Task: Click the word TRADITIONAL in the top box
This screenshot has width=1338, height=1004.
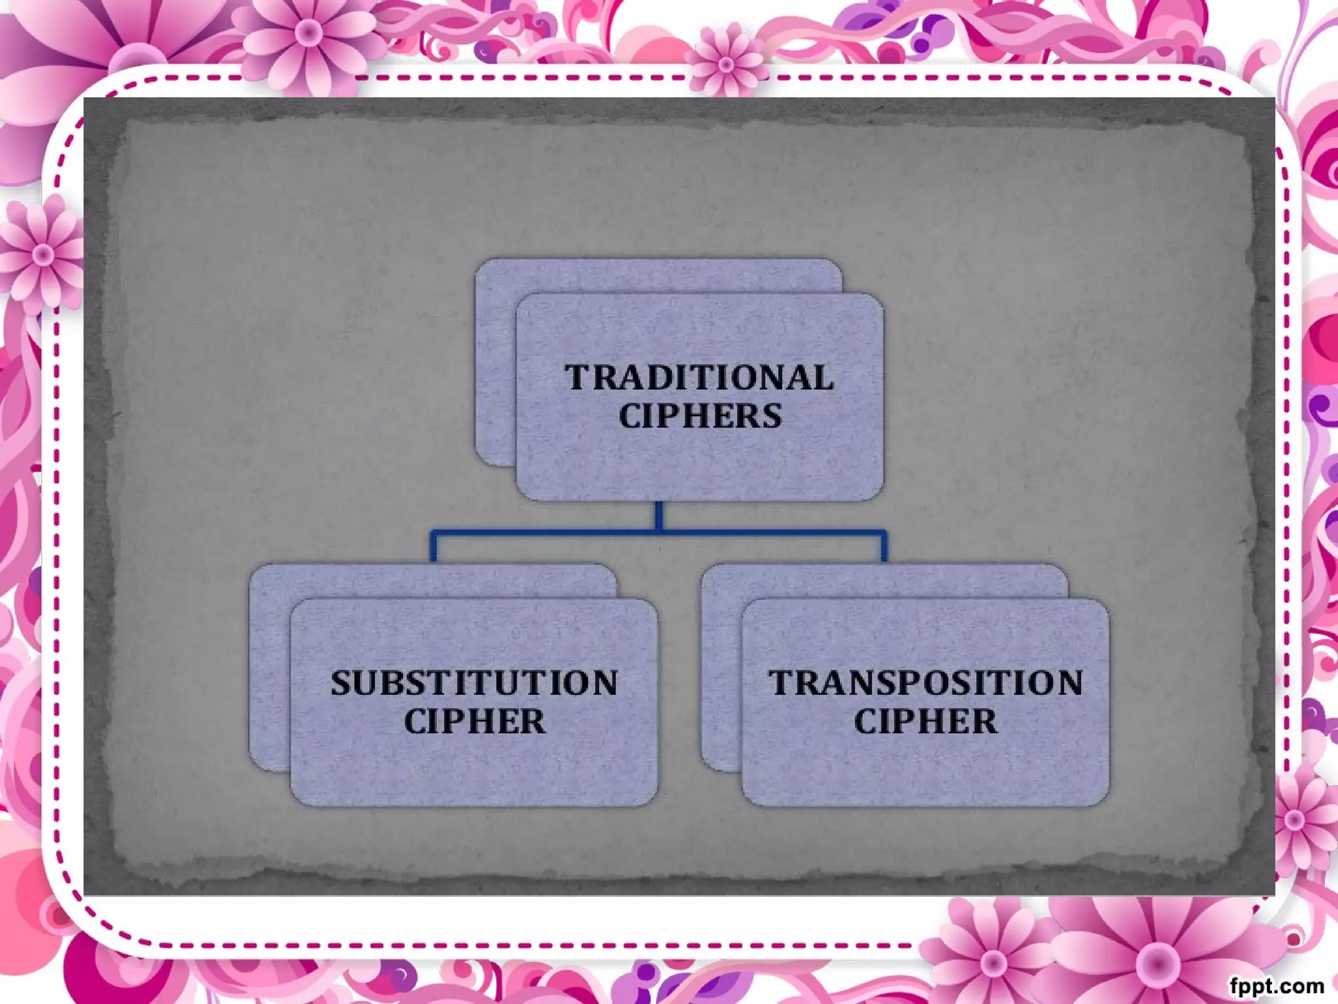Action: tap(699, 378)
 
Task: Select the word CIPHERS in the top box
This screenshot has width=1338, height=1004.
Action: tap(700, 416)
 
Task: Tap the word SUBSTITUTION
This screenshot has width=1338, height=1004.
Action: tap(474, 683)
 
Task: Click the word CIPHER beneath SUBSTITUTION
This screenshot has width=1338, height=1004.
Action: tap(474, 722)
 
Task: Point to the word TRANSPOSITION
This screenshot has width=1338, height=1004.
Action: tap(925, 683)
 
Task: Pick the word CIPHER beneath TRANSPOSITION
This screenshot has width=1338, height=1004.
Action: tap(925, 722)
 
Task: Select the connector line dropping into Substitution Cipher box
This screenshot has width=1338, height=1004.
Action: tap(432, 548)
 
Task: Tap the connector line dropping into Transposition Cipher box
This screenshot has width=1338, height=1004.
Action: tap(884, 548)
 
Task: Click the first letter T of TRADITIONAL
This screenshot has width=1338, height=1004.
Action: tap(578, 378)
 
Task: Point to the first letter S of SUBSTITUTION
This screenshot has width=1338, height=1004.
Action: tap(340, 683)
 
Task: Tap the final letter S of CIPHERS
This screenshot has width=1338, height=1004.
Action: tap(772, 416)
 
